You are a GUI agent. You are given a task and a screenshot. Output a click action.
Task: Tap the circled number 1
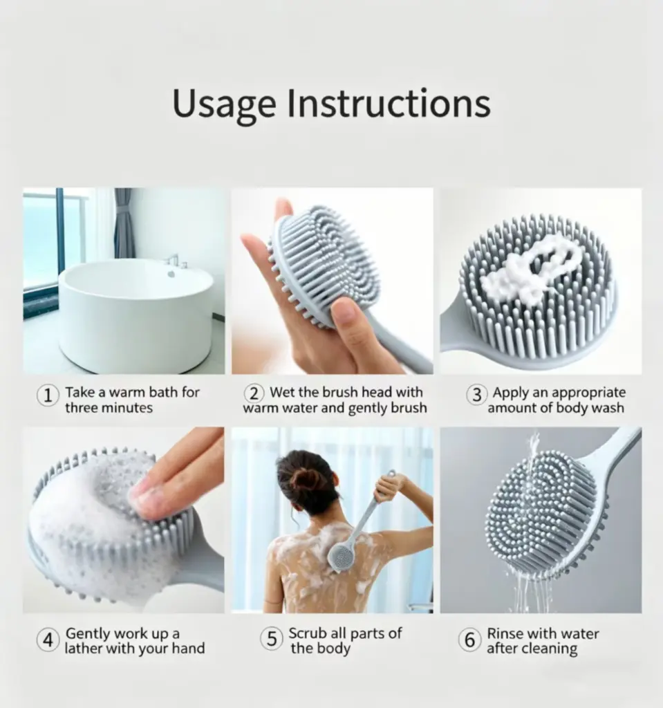click(48, 395)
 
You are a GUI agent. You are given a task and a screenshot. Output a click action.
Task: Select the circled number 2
click(254, 393)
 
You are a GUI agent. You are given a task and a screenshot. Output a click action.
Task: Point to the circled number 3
click(477, 394)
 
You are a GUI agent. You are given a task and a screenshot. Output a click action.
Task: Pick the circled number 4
click(48, 640)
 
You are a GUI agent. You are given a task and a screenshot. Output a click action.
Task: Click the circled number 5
click(272, 638)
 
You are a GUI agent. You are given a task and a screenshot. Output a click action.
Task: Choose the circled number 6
click(469, 640)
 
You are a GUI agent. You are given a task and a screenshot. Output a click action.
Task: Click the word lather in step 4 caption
click(82, 649)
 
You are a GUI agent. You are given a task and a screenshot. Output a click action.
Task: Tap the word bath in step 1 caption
click(163, 392)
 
